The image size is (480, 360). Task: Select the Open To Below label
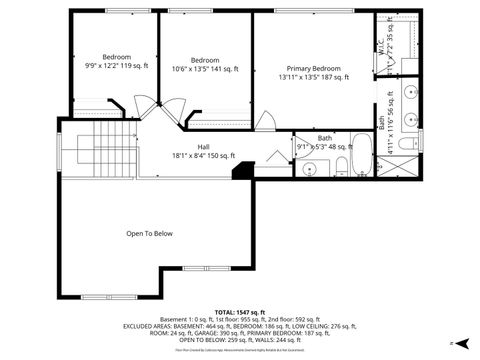point(150,233)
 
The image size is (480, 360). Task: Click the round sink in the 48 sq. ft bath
point(309,168)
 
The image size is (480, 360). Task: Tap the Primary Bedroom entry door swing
point(265,122)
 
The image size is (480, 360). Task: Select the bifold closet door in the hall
point(275,156)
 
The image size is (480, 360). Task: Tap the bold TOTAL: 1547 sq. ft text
point(240,312)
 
